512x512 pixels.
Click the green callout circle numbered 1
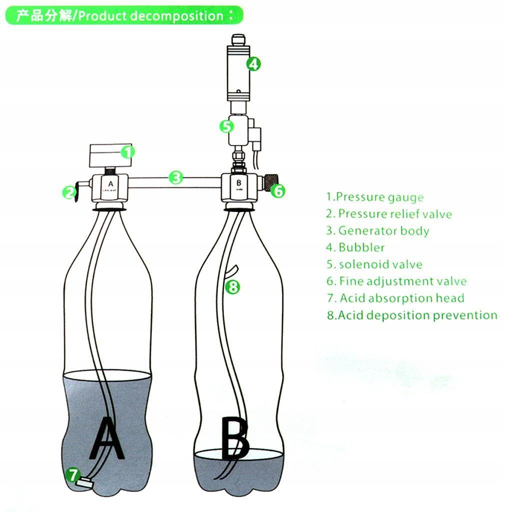pos(128,151)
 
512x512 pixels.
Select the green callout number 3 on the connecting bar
pos(175,177)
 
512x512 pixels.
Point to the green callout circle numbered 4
pos(254,64)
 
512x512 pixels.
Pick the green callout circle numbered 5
pos(226,126)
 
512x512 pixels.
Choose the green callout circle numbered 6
pos(279,190)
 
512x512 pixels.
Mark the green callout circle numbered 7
pos(73,474)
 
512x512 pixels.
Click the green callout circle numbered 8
pos(233,287)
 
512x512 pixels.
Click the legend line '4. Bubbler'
pos(355,247)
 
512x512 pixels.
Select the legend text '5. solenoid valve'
pos(374,264)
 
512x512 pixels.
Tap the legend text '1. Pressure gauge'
pos(374,197)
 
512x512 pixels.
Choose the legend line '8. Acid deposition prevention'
pos(411,315)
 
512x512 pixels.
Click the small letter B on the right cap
pos(239,182)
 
